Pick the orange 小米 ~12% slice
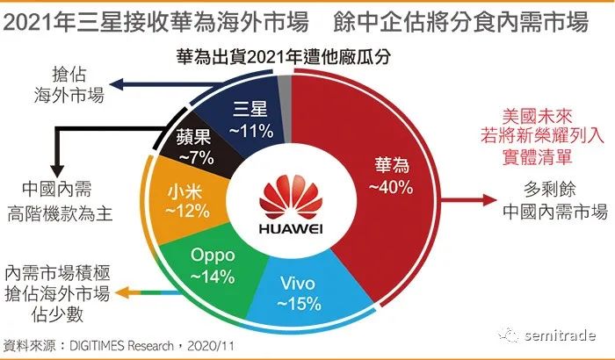click(x=184, y=201)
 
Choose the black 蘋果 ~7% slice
click(x=200, y=144)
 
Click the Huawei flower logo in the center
click(x=291, y=197)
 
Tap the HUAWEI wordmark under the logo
click(x=291, y=228)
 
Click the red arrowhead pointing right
click(x=490, y=199)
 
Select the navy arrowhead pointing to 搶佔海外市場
click(x=117, y=83)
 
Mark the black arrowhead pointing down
click(x=57, y=171)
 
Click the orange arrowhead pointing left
click(x=123, y=292)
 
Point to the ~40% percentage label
click(x=391, y=187)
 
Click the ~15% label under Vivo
click(x=299, y=304)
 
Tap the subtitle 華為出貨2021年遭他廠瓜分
click(x=283, y=57)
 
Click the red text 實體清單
click(x=537, y=156)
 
